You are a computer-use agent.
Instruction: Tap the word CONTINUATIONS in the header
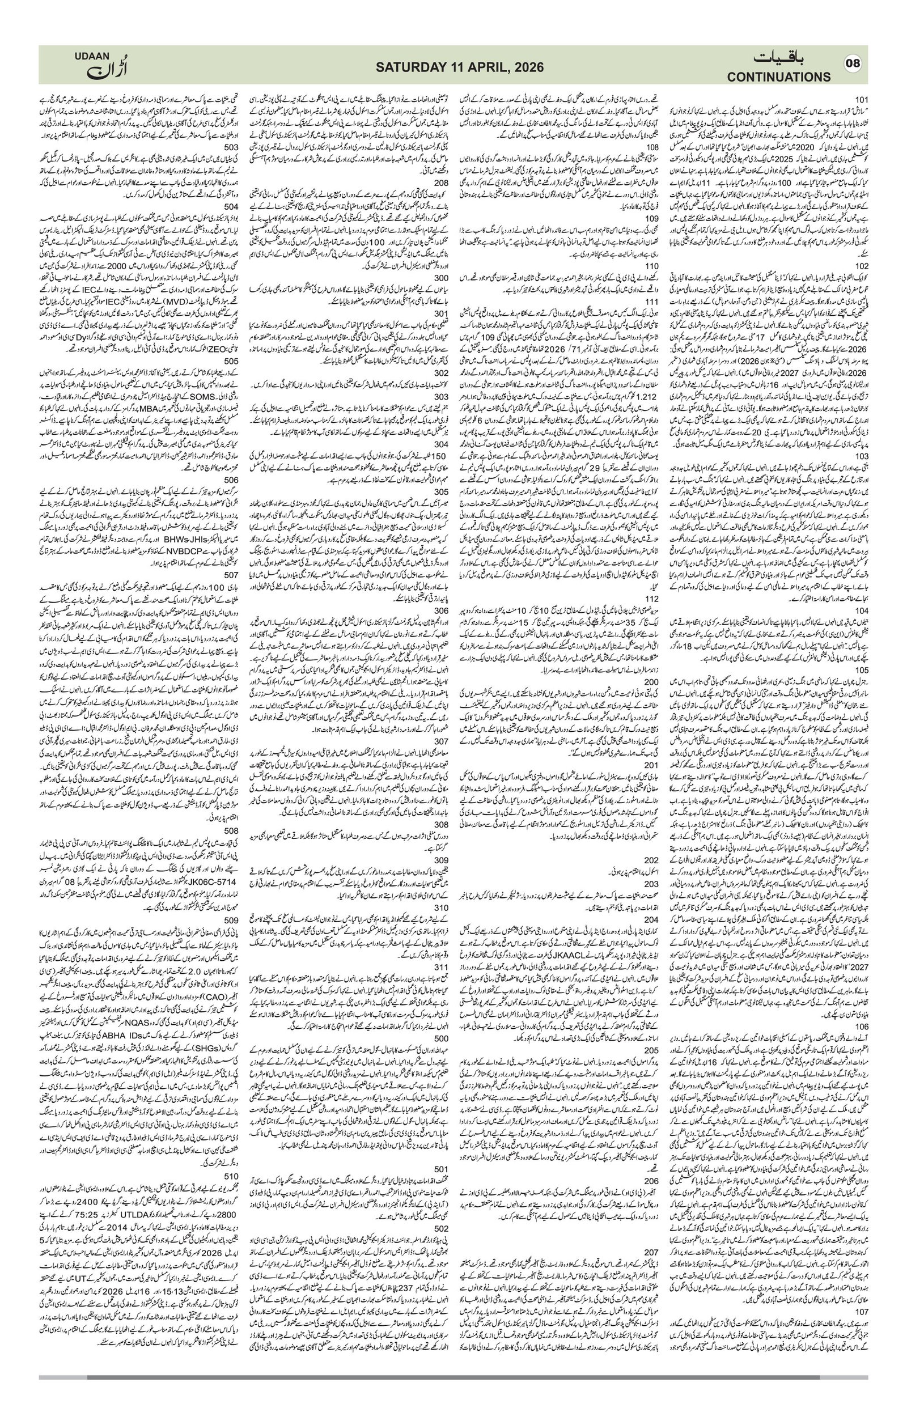pos(779,77)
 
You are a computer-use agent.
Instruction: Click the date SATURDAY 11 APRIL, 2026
pos(453,67)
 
